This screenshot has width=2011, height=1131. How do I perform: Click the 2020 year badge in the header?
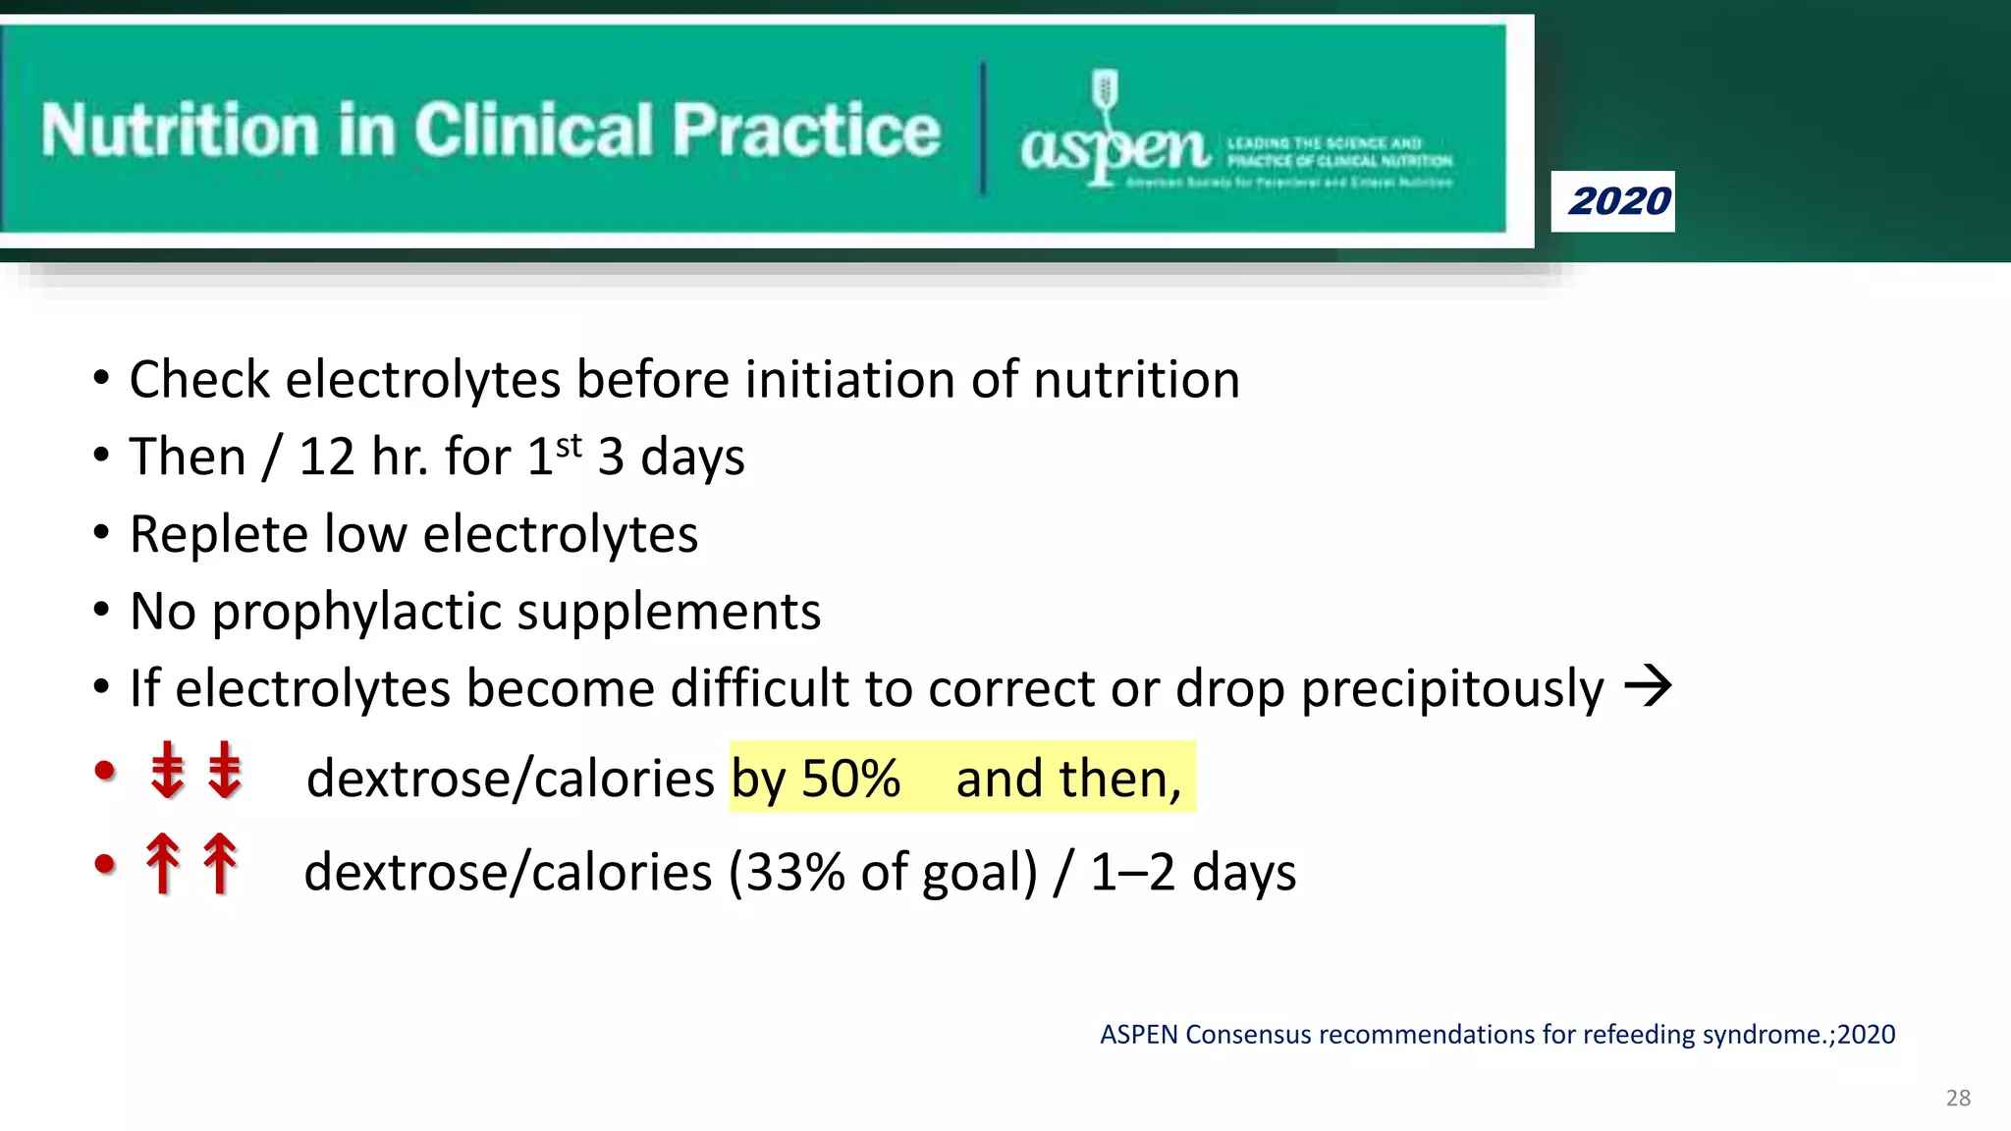[1612, 201]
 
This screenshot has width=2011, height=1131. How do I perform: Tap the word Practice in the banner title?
[805, 131]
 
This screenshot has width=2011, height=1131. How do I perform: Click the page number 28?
[1957, 1098]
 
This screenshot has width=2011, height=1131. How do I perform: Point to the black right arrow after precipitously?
[1648, 686]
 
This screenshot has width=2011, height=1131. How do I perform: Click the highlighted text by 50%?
[815, 779]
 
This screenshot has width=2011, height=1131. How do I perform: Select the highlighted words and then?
[1068, 779]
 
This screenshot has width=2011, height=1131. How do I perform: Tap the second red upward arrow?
[220, 863]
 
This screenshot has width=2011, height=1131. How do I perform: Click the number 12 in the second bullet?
[326, 458]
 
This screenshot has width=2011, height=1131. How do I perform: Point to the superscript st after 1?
[569, 446]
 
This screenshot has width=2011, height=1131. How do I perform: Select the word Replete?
[219, 535]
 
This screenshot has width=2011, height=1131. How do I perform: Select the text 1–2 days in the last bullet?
[1192, 873]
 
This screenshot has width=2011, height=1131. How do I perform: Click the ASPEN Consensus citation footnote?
[1496, 1035]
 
